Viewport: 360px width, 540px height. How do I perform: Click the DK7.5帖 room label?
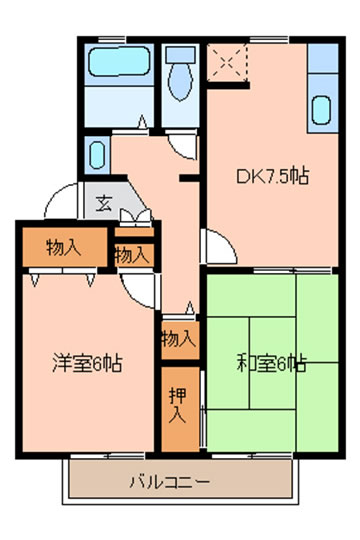point(272,176)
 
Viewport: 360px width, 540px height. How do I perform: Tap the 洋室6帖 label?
point(88,363)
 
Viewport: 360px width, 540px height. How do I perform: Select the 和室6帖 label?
point(271,364)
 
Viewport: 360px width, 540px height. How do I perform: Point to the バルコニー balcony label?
point(169,481)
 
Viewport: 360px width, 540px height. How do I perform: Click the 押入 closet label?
point(178,405)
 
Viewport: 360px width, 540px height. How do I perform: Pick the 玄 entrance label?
point(104,203)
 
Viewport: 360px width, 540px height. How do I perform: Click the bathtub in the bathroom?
point(119,61)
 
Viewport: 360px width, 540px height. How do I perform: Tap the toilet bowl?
point(180,81)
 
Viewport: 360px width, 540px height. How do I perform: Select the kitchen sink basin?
point(321,110)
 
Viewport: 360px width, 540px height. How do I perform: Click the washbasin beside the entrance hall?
point(97,155)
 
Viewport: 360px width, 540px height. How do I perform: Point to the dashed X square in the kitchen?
point(227,62)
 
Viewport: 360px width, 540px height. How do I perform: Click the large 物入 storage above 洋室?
point(64,247)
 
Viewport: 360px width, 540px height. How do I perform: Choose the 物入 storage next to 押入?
point(180,339)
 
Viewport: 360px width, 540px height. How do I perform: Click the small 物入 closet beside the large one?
point(134,255)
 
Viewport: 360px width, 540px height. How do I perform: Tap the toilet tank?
point(180,55)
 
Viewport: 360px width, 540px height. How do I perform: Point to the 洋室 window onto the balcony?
point(108,456)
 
